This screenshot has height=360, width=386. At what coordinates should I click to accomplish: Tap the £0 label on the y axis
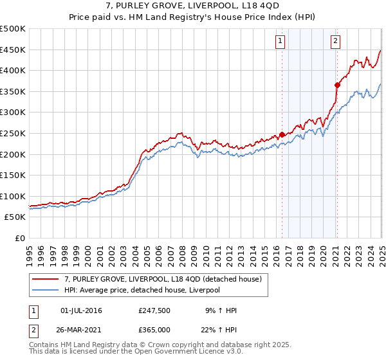pyautogui.click(x=21, y=239)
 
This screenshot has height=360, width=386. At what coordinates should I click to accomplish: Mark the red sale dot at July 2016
pyautogui.click(x=282, y=134)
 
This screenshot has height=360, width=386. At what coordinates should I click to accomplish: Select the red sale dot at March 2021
pyautogui.click(x=337, y=85)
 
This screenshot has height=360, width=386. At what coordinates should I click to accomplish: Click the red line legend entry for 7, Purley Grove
pyautogui.click(x=161, y=279)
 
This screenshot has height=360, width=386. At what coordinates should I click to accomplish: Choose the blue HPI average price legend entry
pyautogui.click(x=141, y=291)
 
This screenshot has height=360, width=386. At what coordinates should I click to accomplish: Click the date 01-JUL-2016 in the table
pyautogui.click(x=81, y=311)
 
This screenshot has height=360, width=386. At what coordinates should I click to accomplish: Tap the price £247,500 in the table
pyautogui.click(x=154, y=311)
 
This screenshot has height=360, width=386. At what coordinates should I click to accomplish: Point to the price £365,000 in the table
pyautogui.click(x=154, y=330)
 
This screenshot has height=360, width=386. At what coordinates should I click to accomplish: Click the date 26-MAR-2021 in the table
pyautogui.click(x=81, y=330)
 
